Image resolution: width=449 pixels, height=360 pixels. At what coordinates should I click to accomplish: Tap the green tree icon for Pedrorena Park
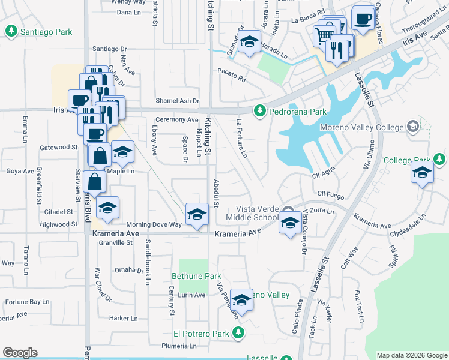(259, 110)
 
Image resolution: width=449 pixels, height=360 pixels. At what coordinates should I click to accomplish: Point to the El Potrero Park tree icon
(239, 332)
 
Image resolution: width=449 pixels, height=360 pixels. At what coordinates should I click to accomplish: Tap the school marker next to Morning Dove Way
(197, 215)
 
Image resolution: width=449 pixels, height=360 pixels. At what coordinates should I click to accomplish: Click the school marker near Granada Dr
(249, 42)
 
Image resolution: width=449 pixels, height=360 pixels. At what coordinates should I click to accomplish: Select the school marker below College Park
(422, 173)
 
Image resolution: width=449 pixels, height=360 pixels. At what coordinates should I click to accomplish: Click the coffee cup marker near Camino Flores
(363, 18)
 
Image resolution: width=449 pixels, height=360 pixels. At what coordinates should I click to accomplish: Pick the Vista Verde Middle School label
(252, 211)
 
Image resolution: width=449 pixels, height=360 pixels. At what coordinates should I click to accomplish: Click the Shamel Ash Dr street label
(177, 101)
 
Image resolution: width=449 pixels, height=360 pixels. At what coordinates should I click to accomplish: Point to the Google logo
(20, 353)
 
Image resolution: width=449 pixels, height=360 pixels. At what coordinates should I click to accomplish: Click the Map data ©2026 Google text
(411, 355)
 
